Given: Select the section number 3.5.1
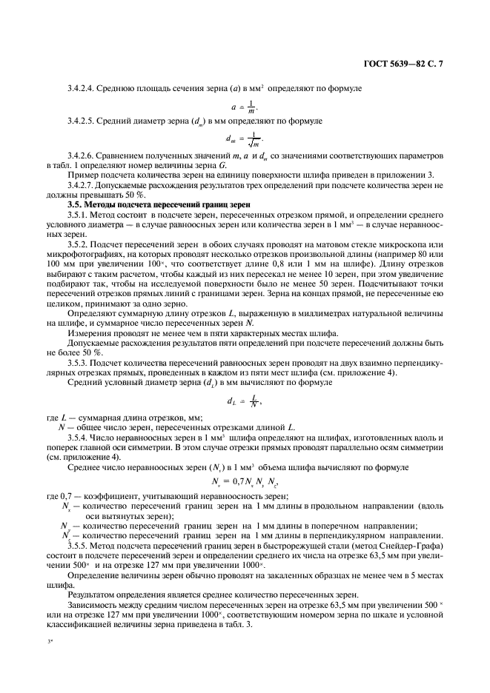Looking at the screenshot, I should pyautogui.click(x=79, y=212).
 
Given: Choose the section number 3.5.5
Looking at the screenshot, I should pyautogui.click(x=79, y=545).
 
